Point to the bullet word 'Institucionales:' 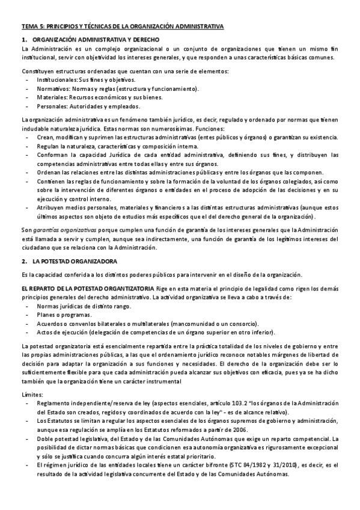pyautogui.click(x=57, y=79)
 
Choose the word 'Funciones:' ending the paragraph pyautogui.click(x=210, y=129)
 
